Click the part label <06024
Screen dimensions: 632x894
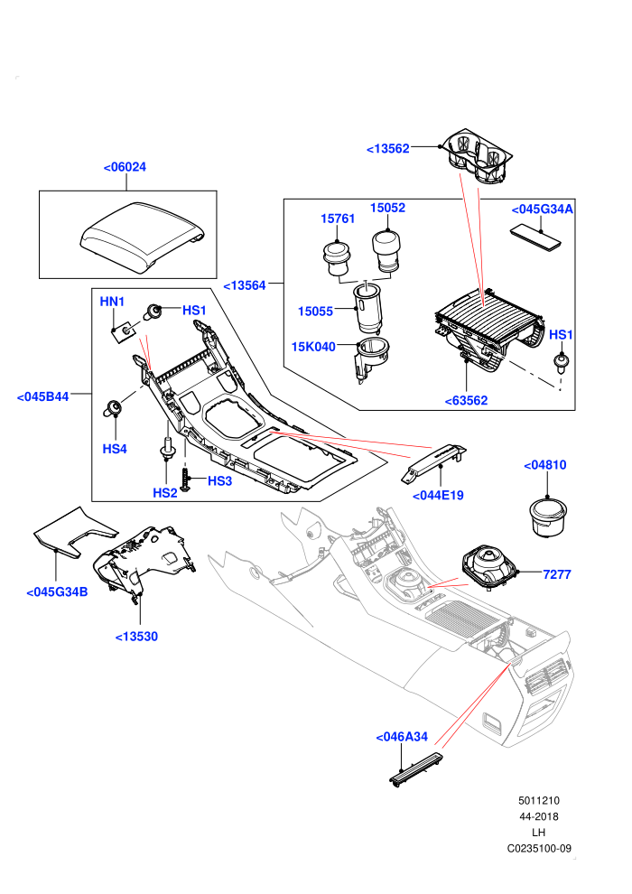point(125,167)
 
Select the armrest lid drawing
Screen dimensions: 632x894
point(142,234)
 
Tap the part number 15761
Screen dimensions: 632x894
point(338,219)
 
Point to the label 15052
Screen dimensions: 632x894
point(387,208)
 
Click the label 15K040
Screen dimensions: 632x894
point(313,347)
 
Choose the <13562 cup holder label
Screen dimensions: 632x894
point(388,149)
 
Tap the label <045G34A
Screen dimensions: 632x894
point(542,210)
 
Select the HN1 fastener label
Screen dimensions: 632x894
point(112,301)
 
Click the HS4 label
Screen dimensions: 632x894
point(115,449)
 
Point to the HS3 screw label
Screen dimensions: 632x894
point(219,481)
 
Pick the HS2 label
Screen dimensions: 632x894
point(164,493)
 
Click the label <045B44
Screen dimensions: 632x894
point(42,396)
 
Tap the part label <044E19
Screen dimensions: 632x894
point(438,496)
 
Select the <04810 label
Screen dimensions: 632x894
point(545,465)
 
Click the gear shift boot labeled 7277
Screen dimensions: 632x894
point(489,567)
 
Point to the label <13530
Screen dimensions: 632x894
point(136,637)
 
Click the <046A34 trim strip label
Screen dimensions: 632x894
point(402,737)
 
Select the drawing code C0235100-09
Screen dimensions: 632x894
point(539,848)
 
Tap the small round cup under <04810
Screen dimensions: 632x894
point(549,517)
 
